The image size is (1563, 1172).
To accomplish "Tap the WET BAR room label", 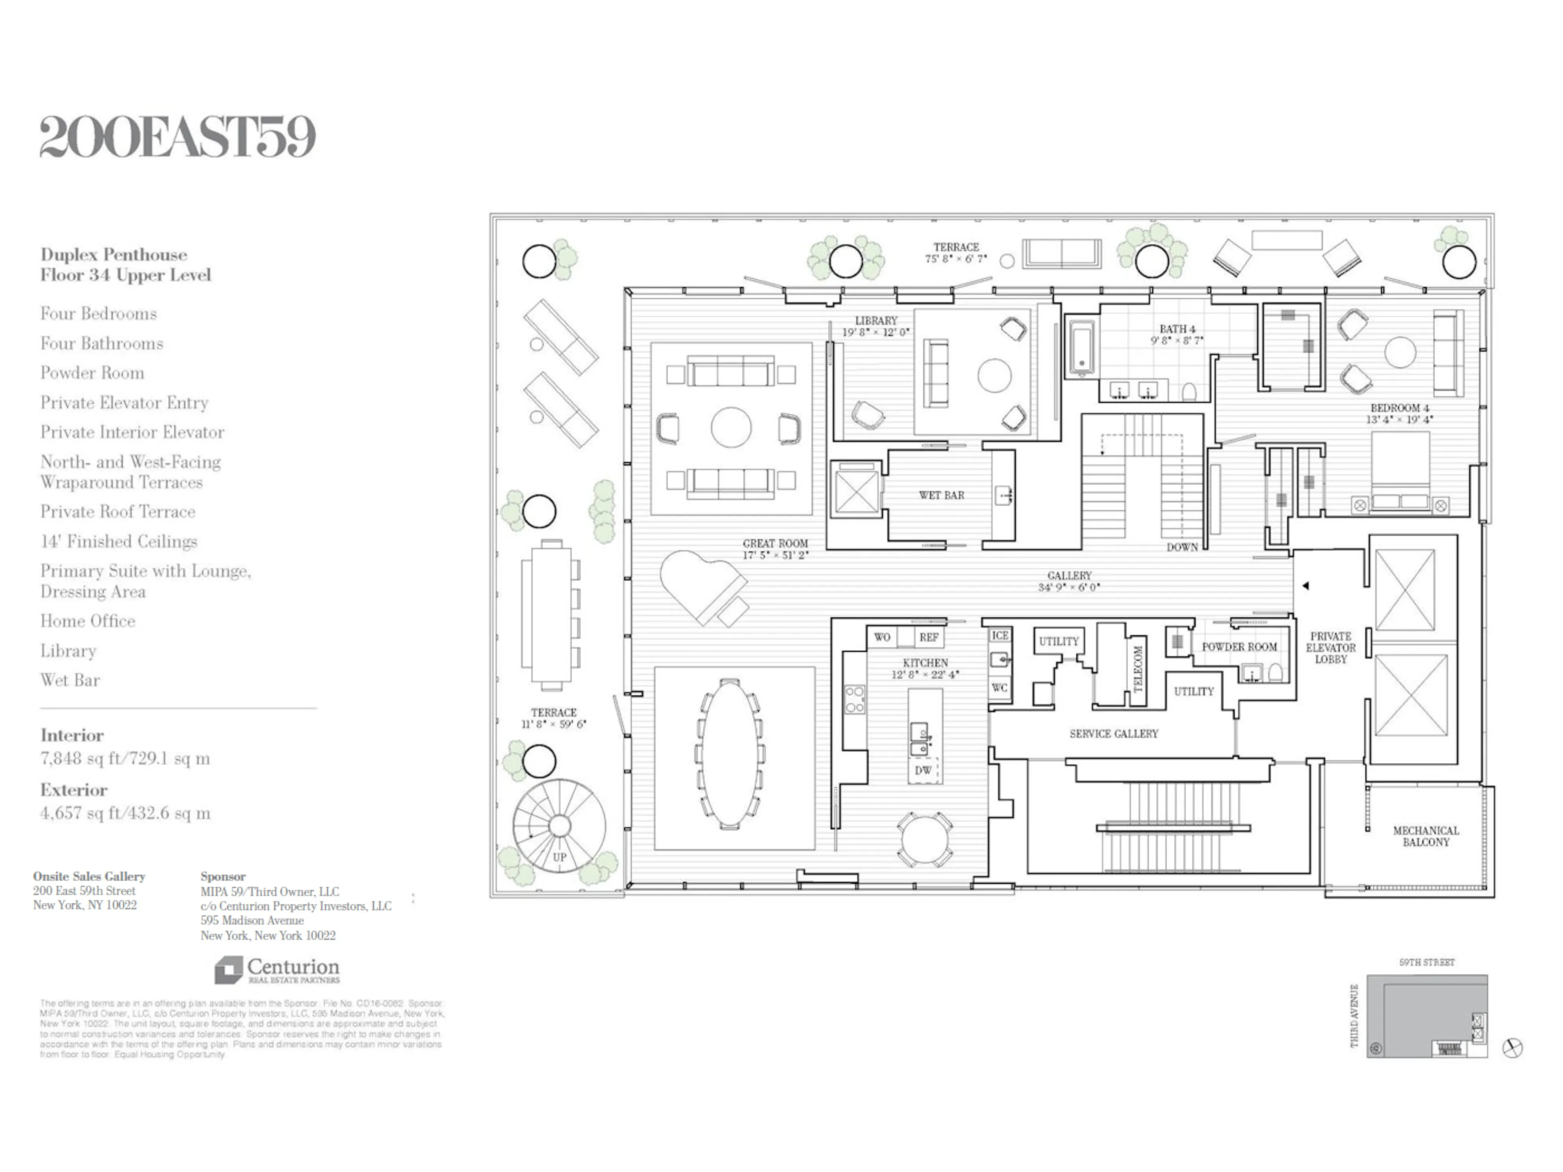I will (x=941, y=495).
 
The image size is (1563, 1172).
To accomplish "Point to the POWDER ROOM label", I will (x=1239, y=647).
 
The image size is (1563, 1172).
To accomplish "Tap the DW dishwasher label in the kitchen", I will (x=923, y=771).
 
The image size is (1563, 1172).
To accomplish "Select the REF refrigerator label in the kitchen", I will (x=928, y=637).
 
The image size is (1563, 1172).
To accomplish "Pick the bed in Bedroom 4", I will (x=1401, y=470).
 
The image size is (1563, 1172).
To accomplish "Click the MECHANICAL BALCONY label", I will (x=1426, y=836).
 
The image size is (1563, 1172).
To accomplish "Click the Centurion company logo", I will (x=277, y=970).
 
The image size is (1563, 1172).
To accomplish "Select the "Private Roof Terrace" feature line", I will (x=117, y=512).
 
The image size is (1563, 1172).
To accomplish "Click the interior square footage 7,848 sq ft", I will (x=125, y=759).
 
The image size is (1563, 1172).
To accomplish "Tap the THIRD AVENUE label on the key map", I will (x=1354, y=1016).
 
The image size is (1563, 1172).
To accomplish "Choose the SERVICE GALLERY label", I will (x=1114, y=734).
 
